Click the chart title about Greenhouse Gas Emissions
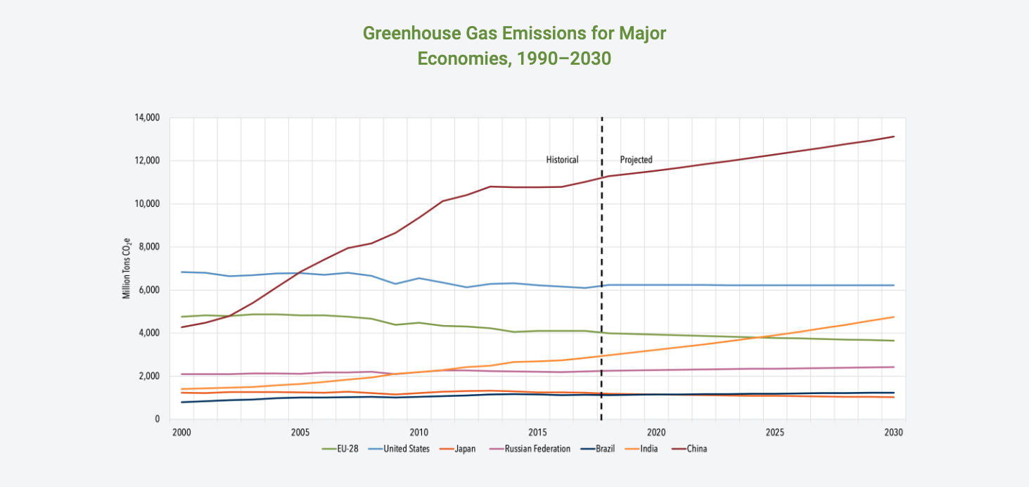coord(514,45)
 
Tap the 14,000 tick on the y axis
coord(147,118)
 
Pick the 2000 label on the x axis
coord(181,432)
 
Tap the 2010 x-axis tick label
coord(418,432)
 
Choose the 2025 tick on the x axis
coord(775,432)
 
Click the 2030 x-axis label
coord(893,432)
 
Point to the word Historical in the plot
coord(562,160)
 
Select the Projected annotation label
coord(636,160)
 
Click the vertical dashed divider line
coord(602,282)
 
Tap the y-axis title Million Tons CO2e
coord(127,268)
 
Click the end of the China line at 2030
coord(893,137)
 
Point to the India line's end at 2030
coord(893,317)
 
